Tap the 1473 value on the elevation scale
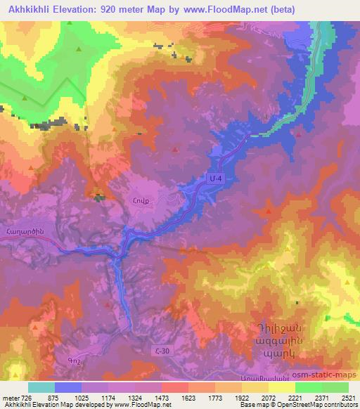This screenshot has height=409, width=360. tap(162, 397)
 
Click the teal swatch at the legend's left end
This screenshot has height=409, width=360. tap(41, 387)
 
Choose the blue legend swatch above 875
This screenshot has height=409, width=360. tap(68, 387)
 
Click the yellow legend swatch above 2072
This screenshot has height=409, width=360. tap(281, 387)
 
